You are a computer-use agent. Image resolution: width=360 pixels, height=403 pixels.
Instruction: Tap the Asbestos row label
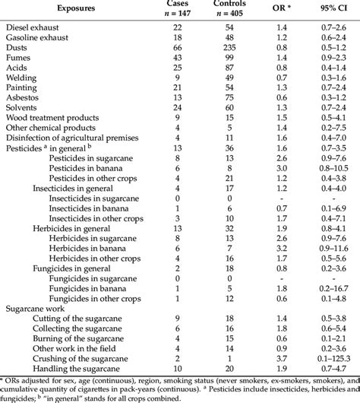tap(25, 97)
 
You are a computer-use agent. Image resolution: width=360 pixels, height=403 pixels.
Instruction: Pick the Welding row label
tap(24, 77)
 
